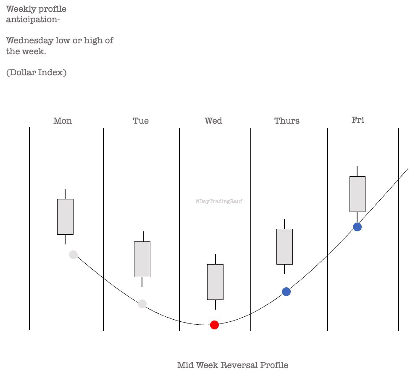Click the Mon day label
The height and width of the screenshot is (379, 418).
point(63,121)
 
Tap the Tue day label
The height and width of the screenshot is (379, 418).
point(141,121)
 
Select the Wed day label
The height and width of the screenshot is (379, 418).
point(213,121)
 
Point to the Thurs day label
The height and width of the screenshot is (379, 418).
point(287,121)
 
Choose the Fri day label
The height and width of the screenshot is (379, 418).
point(358,120)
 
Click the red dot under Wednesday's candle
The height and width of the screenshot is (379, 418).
point(214,325)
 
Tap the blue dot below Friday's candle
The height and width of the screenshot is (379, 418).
point(357,227)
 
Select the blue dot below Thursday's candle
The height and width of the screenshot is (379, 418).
point(286,292)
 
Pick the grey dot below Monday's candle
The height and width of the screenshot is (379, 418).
point(73,254)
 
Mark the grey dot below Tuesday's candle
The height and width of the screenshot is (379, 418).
point(142,304)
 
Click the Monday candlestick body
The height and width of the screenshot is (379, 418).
point(65,217)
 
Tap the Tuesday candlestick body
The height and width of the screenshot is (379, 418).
point(142,259)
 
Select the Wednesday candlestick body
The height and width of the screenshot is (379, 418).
point(215,282)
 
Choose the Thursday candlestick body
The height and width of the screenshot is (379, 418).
point(284,246)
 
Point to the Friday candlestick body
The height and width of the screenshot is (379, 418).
point(357,194)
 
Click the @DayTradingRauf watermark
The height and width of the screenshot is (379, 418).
point(219,201)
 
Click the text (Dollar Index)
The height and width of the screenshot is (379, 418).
point(36,72)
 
